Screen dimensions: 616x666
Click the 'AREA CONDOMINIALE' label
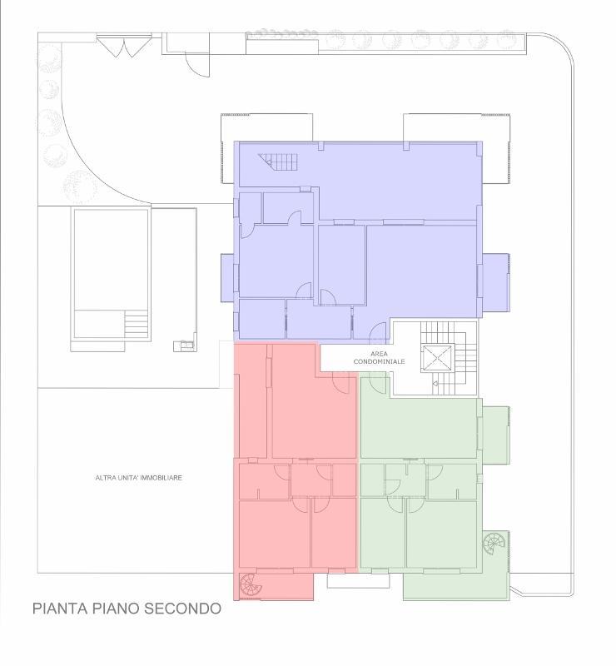click(379, 358)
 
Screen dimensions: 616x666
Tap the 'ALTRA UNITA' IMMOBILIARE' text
click(139, 478)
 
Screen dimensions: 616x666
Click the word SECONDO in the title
click(182, 609)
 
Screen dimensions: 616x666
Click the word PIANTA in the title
click(59, 609)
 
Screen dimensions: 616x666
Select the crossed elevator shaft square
click(438, 359)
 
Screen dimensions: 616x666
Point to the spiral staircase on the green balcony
click(494, 544)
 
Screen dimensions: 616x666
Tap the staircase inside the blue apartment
click(278, 162)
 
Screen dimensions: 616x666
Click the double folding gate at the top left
click(124, 46)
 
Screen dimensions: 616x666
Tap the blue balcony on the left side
click(227, 278)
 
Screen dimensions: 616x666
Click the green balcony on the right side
click(496, 435)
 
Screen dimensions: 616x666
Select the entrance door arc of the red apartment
click(340, 384)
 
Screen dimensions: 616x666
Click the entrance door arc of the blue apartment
click(378, 332)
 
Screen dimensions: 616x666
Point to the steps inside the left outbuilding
click(136, 323)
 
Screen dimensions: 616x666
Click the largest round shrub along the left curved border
click(79, 186)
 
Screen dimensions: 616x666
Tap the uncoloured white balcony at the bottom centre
click(358, 580)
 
